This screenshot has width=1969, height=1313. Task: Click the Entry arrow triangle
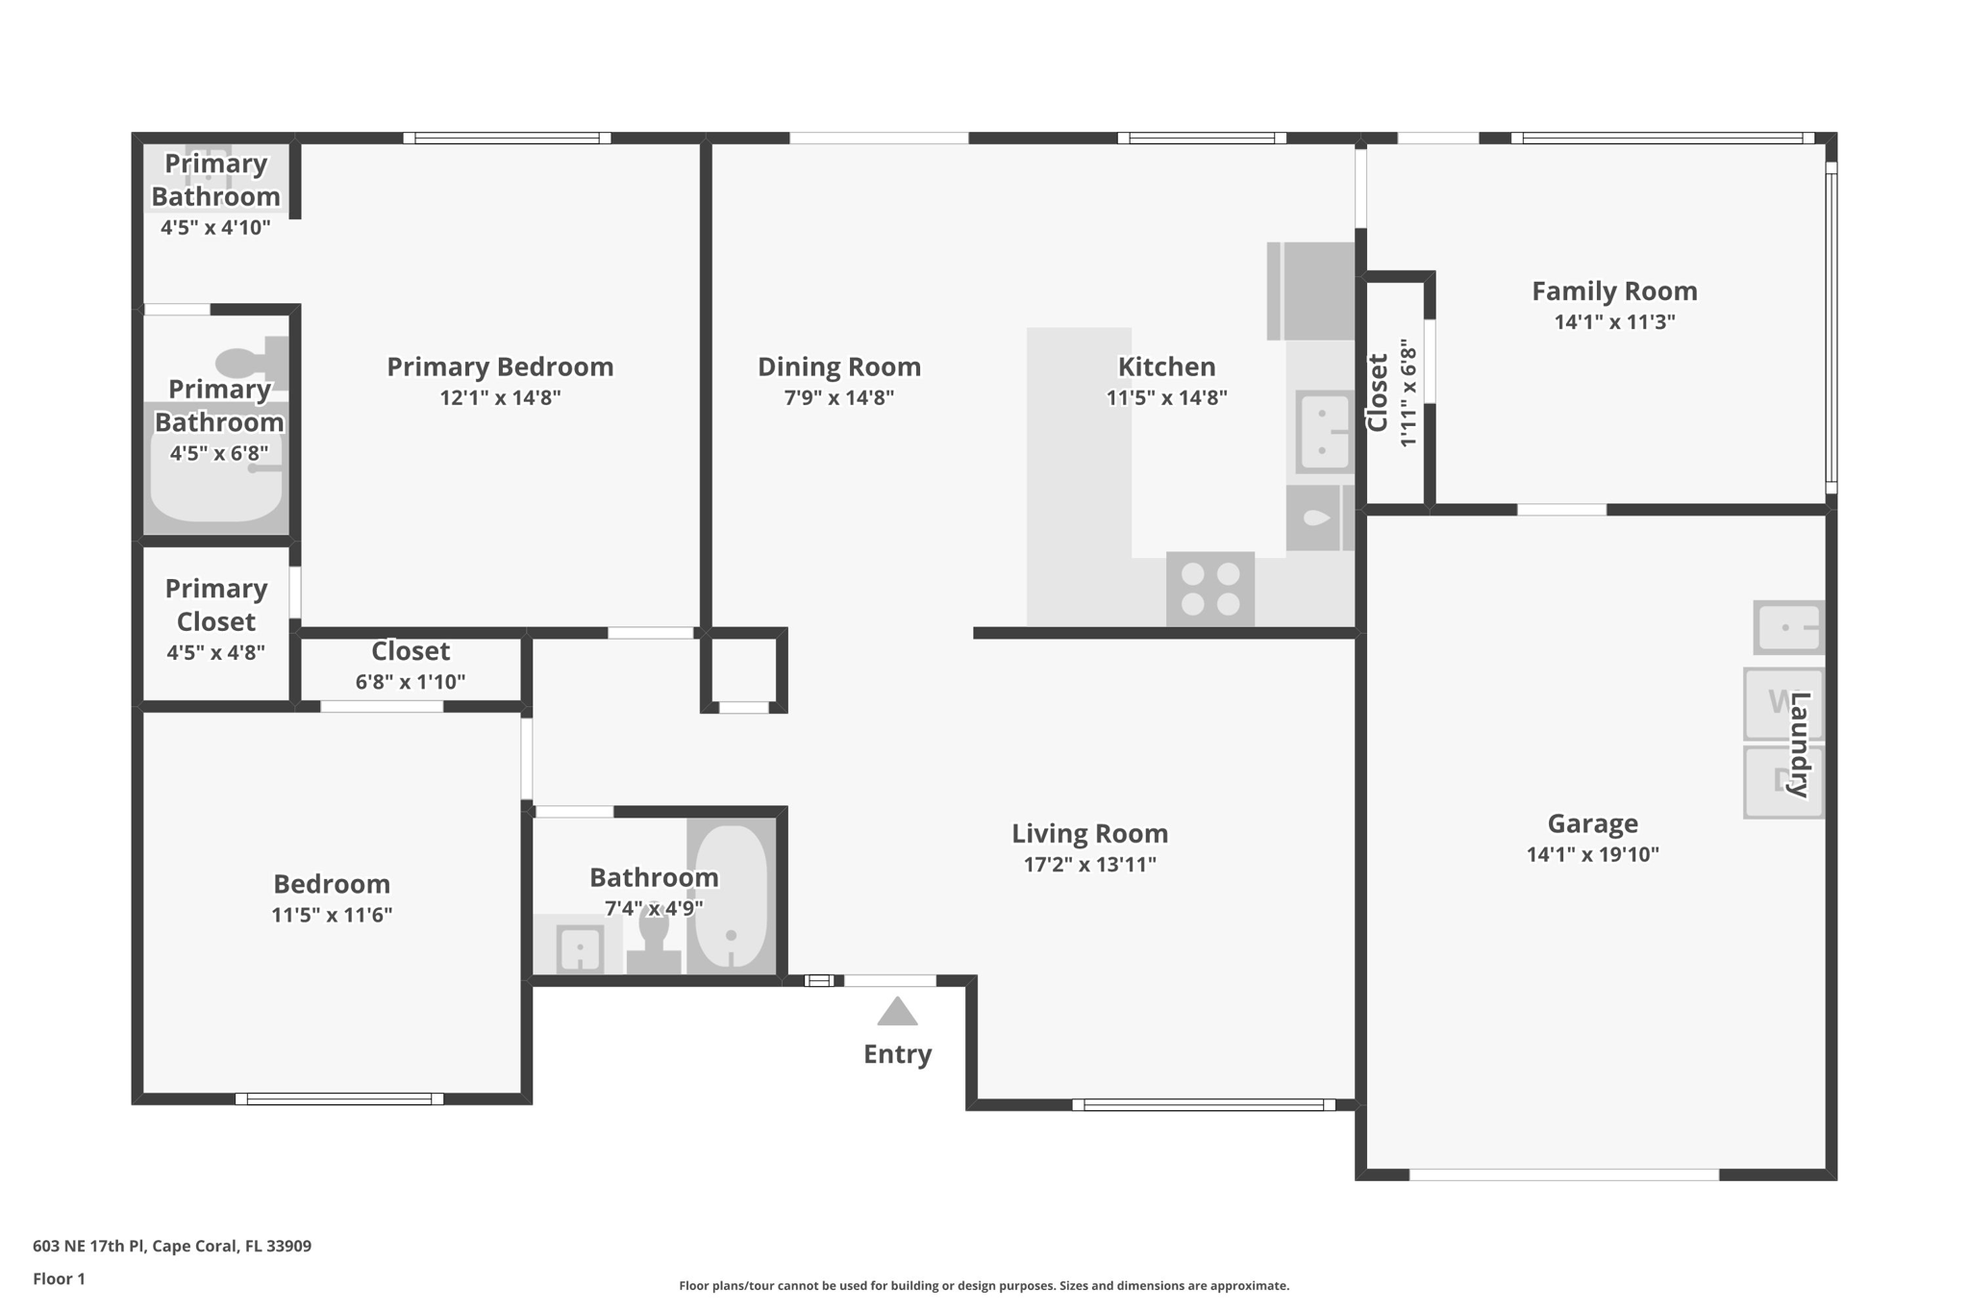click(x=897, y=1012)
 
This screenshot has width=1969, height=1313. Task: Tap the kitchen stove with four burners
click(x=1209, y=589)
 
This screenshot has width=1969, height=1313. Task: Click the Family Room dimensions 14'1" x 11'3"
click(x=1614, y=322)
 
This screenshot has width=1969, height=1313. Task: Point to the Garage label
click(x=1592, y=823)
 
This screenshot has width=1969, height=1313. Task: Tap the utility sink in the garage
click(x=1787, y=627)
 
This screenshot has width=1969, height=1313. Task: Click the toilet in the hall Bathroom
click(x=654, y=941)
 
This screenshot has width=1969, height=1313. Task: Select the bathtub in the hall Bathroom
click(x=732, y=895)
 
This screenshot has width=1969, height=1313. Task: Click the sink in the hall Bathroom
click(x=580, y=948)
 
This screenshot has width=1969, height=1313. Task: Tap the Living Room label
click(x=1089, y=833)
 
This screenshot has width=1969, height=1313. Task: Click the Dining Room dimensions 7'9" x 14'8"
click(x=838, y=397)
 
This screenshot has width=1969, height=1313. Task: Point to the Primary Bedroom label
click(x=500, y=366)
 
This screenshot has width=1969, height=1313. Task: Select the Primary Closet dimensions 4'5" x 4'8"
click(x=215, y=652)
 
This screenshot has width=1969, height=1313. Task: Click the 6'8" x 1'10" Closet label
click(x=411, y=651)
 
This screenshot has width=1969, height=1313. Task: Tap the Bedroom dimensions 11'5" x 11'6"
click(x=332, y=915)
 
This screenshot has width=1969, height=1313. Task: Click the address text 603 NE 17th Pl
click(x=172, y=1246)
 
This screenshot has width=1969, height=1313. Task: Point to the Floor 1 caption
click(x=59, y=1278)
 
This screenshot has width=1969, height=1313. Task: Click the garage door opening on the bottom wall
click(x=1563, y=1174)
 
